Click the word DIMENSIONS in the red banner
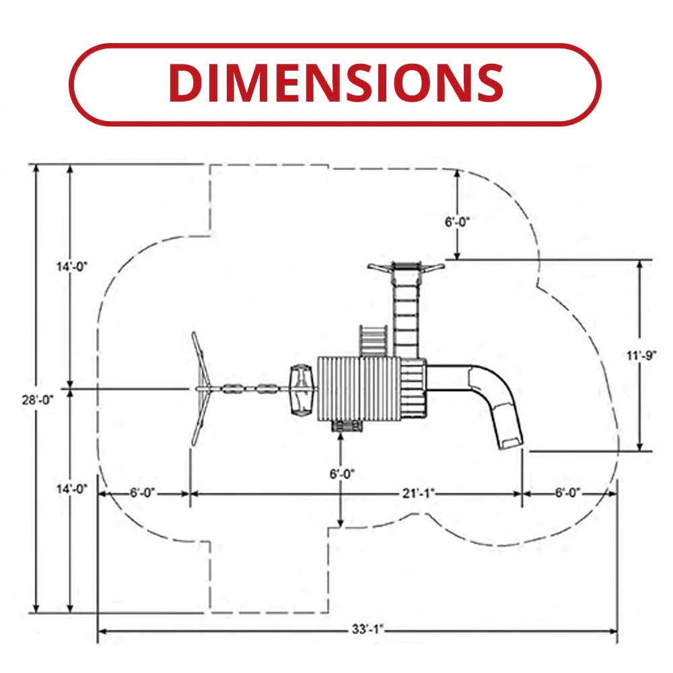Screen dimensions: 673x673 pyautogui.click(x=336, y=82)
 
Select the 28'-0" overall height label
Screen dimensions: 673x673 pyautogui.click(x=38, y=400)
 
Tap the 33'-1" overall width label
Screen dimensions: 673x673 pyautogui.click(x=367, y=629)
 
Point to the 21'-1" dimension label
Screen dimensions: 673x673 pyautogui.click(x=419, y=493)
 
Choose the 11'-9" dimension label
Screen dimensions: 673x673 pyautogui.click(x=641, y=355)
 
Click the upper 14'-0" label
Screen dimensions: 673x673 pyautogui.click(x=72, y=267)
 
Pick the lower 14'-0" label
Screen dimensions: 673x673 pyautogui.click(x=72, y=489)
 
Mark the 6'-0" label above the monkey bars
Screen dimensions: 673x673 pyautogui.click(x=457, y=222)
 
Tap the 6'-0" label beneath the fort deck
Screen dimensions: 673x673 pyautogui.click(x=342, y=474)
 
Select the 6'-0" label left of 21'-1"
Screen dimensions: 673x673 pyautogui.click(x=143, y=493)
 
